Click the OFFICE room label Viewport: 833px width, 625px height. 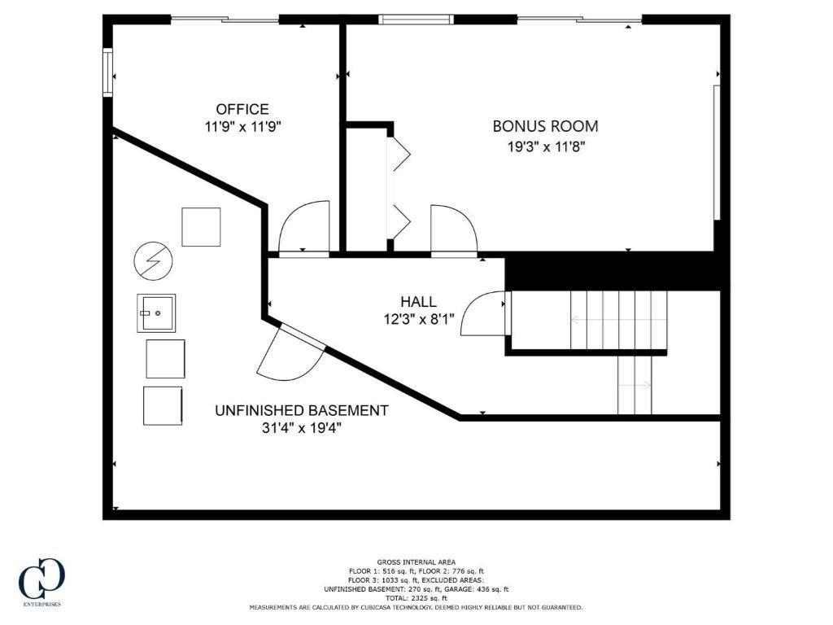click(242, 109)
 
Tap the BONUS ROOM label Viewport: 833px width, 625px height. click(545, 126)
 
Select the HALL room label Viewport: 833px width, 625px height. click(417, 302)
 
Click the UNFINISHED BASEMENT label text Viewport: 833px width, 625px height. click(301, 411)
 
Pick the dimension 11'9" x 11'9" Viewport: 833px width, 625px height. click(242, 127)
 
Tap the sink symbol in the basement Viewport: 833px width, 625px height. click(155, 312)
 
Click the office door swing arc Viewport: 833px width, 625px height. click(304, 227)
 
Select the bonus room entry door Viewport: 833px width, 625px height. click(453, 230)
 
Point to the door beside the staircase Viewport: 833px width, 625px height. click(486, 313)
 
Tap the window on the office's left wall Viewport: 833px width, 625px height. click(107, 73)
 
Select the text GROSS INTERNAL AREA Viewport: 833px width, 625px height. click(416, 562)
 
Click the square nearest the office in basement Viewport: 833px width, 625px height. click(201, 227)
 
